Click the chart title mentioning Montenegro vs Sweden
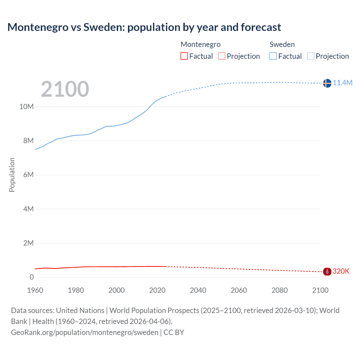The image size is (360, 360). pos(144,27)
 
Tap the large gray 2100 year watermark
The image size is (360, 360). pos(65,89)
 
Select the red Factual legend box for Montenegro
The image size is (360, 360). pos(184,56)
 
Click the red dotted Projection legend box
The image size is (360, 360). pos(222,56)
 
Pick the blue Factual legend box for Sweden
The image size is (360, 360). pos(273,56)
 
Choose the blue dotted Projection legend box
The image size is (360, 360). pos(311,56)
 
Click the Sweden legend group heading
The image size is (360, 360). pos(282,44)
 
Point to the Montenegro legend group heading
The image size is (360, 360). pos(201,44)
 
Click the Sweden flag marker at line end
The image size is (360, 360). pos(327,83)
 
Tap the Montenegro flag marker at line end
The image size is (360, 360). pos(327,272)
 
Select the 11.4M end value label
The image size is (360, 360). pos(343,83)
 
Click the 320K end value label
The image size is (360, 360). pos(341,271)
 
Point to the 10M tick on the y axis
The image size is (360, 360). pos(26,107)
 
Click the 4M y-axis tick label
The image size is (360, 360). pos(28,209)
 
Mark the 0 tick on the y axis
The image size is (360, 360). pos(31,277)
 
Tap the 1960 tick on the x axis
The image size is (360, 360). pos(35,290)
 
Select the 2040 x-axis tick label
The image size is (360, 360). pos(198,290)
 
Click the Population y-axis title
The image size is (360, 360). pos(12,175)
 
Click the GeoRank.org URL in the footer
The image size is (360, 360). pos(84,332)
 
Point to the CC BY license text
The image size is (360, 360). pos(174,332)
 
